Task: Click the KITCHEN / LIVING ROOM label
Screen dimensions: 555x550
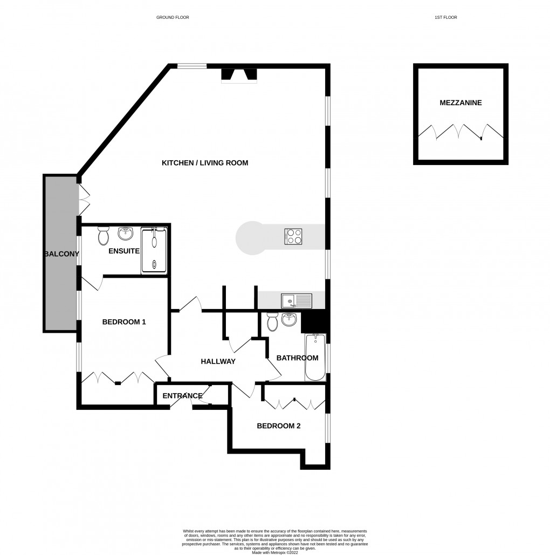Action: coord(205,162)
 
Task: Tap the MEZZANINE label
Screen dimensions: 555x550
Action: coord(460,102)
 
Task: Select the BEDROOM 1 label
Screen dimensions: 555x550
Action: coord(124,322)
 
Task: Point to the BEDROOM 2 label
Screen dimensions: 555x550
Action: coord(278,426)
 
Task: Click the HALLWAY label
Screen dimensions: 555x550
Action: coord(218,361)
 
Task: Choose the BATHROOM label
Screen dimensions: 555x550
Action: coord(297,358)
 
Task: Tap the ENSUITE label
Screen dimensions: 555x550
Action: coord(124,251)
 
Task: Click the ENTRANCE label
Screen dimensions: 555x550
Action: coord(182,396)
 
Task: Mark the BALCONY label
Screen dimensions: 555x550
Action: coord(61,253)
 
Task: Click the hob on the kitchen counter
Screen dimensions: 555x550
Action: coord(294,236)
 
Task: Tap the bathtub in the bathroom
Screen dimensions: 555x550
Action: coord(315,357)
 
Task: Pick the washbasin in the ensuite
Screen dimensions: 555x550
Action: coord(126,234)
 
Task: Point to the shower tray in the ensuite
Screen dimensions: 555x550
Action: coord(155,251)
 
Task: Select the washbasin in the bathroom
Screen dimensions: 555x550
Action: coord(289,320)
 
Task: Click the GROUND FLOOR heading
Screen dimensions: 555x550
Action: coord(173,17)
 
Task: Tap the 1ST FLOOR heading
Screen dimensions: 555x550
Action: coord(445,17)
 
